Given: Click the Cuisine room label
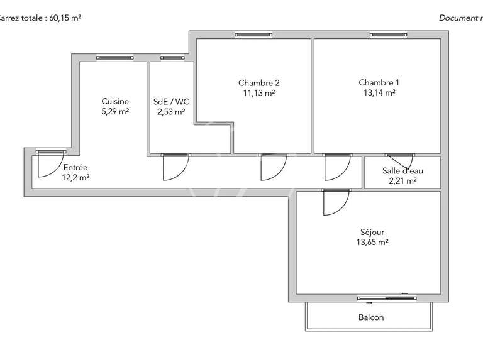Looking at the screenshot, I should click(115, 101).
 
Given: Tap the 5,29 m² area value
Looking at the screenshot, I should click(115, 112).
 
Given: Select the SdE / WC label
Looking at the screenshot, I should click(171, 101).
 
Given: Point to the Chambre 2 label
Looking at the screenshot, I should click(258, 83).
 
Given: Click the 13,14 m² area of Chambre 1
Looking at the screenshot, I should click(379, 93).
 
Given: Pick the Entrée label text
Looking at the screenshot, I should click(75, 167).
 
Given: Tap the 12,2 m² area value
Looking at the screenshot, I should click(75, 178).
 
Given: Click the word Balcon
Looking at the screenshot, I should click(370, 317).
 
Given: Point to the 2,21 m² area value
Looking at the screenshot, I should click(403, 181).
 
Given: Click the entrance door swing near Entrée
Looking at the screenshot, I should click(48, 165).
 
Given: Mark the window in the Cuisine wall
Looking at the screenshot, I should click(114, 58).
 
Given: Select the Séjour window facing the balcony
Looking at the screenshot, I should click(382, 297).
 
